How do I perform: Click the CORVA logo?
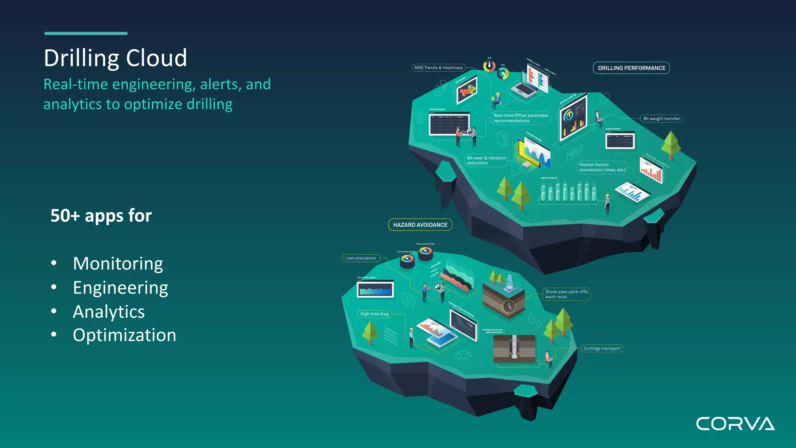pyautogui.click(x=735, y=423)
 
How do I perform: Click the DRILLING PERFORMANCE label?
pyautogui.click(x=631, y=68)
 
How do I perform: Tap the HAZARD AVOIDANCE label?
pyautogui.click(x=420, y=225)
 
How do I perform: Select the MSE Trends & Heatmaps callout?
pyautogui.click(x=438, y=68)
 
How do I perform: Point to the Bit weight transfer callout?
pyautogui.click(x=661, y=119)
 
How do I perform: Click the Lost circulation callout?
pyautogui.click(x=361, y=258)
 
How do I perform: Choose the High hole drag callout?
pyautogui.click(x=374, y=314)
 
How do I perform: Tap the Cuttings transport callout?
pyautogui.click(x=602, y=348)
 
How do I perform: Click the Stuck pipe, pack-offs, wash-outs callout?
pyautogui.click(x=566, y=294)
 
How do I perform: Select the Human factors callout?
pyautogui.click(x=602, y=167)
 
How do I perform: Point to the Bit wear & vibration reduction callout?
pyautogui.click(x=486, y=160)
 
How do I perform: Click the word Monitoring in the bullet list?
pyautogui.click(x=118, y=264)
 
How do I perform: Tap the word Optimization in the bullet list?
pyautogui.click(x=124, y=335)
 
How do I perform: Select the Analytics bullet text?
pyautogui.click(x=109, y=312)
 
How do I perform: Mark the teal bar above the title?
pyautogui.click(x=86, y=33)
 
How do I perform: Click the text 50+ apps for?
pyautogui.click(x=101, y=216)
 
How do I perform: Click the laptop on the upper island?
pyautogui.click(x=524, y=91)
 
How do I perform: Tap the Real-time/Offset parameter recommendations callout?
pyautogui.click(x=520, y=118)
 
